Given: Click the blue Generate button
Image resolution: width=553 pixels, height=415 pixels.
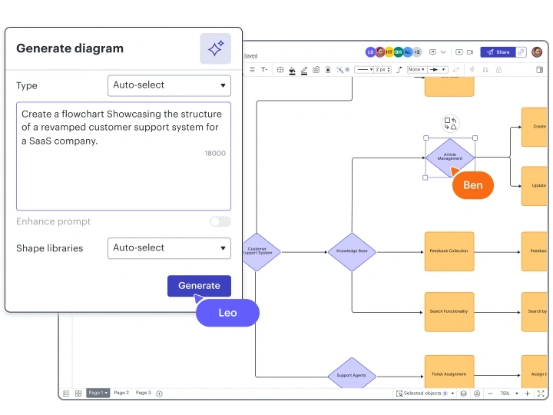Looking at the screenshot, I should point(199,285).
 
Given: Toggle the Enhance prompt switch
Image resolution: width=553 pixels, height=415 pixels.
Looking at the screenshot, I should point(220,221).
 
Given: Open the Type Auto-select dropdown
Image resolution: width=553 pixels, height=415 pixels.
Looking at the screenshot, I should point(169,85).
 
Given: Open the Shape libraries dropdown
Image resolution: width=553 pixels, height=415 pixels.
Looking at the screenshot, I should point(169,248).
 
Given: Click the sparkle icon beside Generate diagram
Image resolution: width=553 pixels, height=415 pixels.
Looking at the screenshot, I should point(215,48).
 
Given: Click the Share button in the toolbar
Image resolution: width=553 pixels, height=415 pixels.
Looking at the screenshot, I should point(498,52).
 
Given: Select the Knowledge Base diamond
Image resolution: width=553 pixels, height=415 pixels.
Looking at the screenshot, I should point(352,251).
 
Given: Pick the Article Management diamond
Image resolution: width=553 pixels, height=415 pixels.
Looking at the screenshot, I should point(449,157).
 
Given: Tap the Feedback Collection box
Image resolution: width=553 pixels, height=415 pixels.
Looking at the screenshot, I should point(449,251).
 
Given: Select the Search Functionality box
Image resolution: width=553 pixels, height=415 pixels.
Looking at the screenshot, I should point(449,311).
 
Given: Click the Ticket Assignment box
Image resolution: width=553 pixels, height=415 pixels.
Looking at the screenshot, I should point(449,374).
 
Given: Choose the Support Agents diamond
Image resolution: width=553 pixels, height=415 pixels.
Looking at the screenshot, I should point(352,375).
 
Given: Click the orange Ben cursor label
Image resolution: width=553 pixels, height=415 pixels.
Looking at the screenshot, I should point(473,185).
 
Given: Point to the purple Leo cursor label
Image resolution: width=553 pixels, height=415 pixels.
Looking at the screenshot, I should point(227,313).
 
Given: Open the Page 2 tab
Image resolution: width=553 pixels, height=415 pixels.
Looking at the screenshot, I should point(121,393).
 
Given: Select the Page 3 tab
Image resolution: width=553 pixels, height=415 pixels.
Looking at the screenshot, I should point(144,393).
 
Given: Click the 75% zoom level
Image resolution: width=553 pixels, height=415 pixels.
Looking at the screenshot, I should point(505,393).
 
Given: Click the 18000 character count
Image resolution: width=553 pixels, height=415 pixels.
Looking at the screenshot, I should point(215,153).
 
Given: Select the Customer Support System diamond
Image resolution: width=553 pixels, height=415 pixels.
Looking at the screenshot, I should point(258,251).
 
